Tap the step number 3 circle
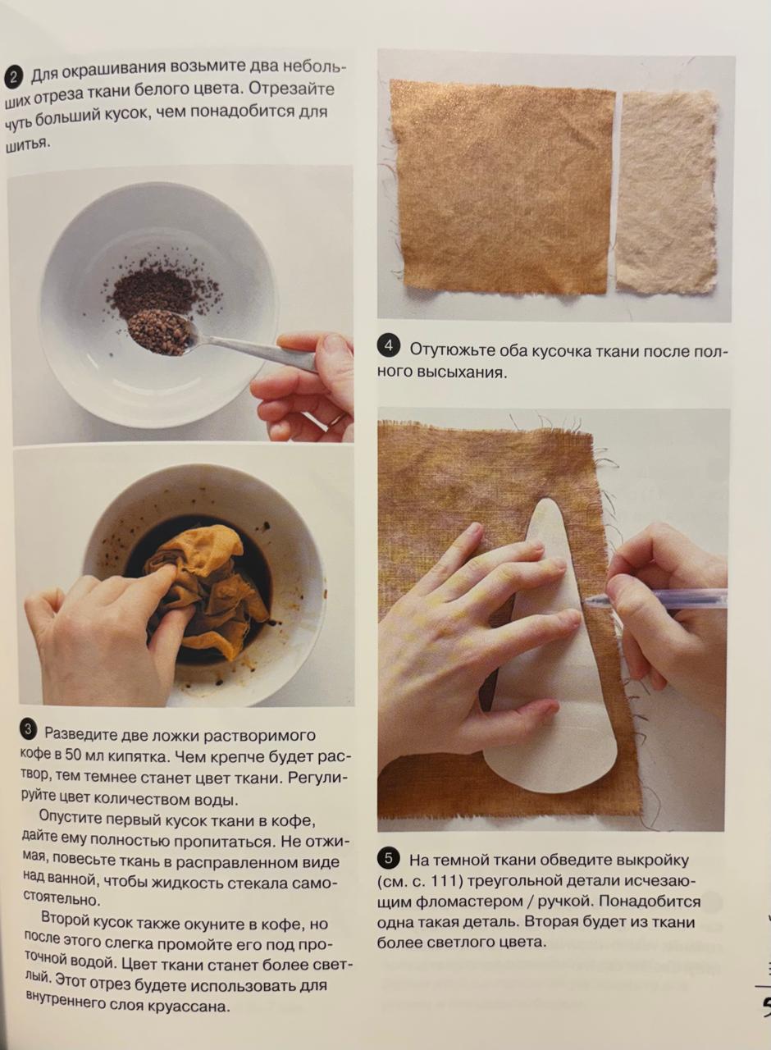point(29,730)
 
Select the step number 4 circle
point(389,346)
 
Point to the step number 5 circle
point(389,858)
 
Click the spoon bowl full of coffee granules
point(159,331)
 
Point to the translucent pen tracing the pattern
point(656,599)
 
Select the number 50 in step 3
point(74,755)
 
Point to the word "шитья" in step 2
point(26,144)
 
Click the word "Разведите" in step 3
point(80,733)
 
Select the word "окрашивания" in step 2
point(114,71)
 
